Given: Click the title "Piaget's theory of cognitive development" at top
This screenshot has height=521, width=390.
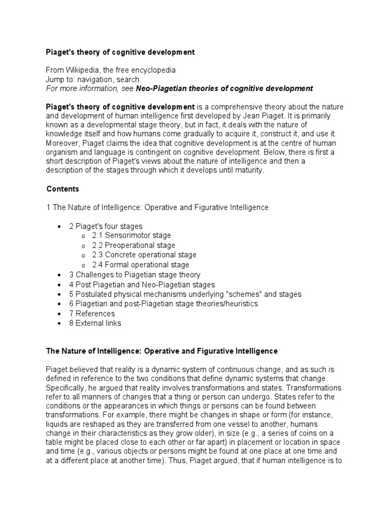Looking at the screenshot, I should point(120,52).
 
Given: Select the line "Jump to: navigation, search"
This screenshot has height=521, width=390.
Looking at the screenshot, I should point(92,79).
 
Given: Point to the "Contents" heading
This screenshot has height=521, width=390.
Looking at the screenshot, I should point(63,189).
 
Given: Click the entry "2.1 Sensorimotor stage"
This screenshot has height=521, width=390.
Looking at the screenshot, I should point(131,236).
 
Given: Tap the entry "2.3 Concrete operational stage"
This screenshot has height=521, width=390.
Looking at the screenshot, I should point(144,255).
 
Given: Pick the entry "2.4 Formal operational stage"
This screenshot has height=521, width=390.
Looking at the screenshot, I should point(140,265).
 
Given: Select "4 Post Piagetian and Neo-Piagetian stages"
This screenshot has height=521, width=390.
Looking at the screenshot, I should point(142,284).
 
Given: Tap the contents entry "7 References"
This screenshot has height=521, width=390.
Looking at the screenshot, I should point(92,313).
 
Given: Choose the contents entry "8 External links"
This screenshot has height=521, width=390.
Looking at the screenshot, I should point(95,323).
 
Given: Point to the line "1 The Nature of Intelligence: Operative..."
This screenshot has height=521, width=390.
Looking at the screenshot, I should point(157,208).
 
